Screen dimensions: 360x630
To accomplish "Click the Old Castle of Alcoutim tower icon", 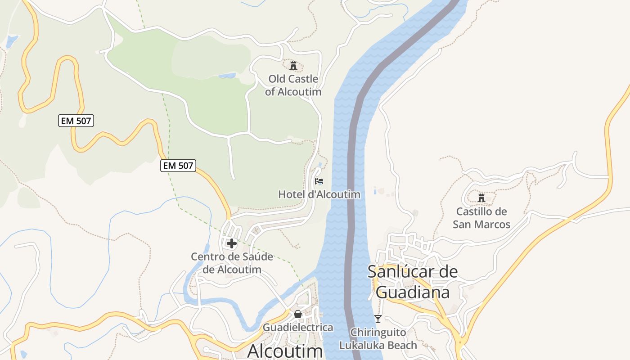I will tap(293, 66).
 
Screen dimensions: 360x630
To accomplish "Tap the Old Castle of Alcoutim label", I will tap(293, 85).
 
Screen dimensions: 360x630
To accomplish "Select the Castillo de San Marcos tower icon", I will tap(481, 198).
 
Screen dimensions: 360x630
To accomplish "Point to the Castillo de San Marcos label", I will tap(481, 218).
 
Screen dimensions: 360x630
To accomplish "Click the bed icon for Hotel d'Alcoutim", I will tap(319, 181).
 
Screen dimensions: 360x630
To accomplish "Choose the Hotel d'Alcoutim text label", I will tap(319, 194).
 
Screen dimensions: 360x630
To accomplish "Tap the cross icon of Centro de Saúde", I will tap(232, 243).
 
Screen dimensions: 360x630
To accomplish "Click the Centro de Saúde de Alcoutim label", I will tap(232, 263).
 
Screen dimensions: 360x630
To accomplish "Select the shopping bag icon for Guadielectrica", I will tap(298, 314).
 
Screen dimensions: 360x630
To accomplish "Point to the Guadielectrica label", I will tap(298, 327).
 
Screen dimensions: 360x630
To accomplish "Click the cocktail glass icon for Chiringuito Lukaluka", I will tap(378, 319).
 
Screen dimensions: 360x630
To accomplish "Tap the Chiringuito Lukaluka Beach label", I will tap(378, 339).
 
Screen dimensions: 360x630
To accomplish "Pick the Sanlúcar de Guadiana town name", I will tap(413, 282).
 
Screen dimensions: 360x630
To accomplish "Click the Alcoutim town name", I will tap(285, 351).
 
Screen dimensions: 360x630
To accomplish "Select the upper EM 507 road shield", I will tap(76, 121).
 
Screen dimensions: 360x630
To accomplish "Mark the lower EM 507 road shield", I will tap(178, 166).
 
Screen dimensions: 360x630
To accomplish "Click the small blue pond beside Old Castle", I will tap(227, 76).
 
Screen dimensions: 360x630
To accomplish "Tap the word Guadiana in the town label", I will tap(413, 292).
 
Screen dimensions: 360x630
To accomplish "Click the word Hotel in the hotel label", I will tap(293, 194).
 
